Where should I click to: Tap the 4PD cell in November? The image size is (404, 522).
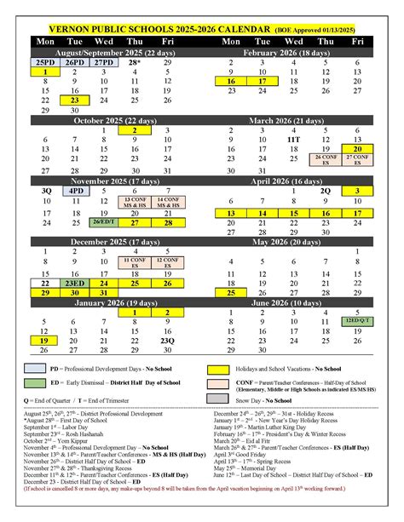click(74, 192)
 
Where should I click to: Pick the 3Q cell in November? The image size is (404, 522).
click(44, 192)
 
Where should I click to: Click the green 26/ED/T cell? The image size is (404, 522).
click(104, 222)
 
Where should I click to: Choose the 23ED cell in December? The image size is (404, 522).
click(74, 283)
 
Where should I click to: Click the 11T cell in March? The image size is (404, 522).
click(294, 137)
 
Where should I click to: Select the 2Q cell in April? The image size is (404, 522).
click(325, 192)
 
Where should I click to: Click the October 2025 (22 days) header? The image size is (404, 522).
click(104, 120)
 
